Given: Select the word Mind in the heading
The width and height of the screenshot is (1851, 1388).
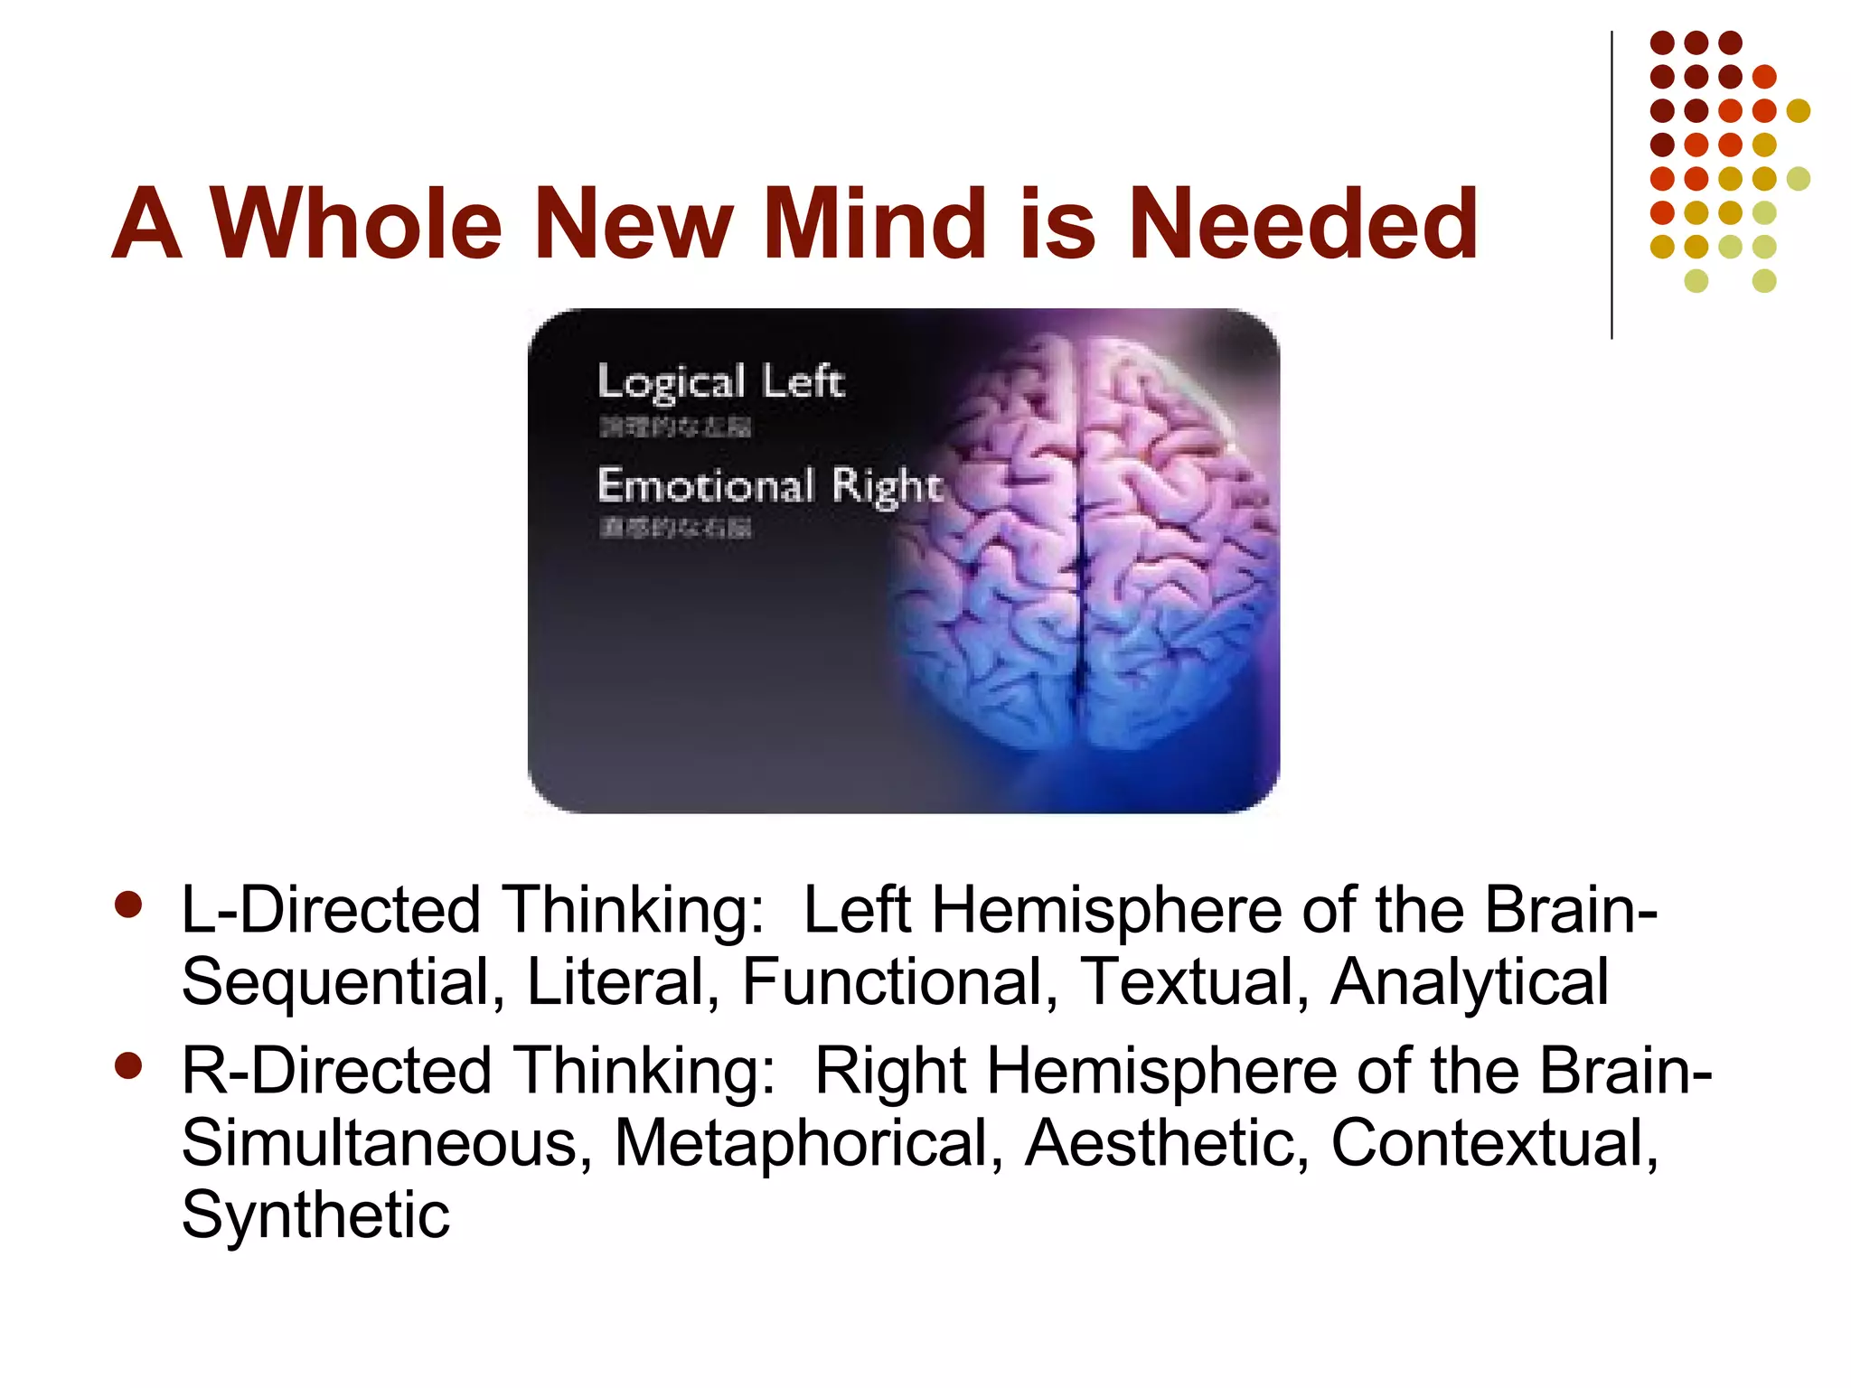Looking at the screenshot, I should pyautogui.click(x=873, y=223).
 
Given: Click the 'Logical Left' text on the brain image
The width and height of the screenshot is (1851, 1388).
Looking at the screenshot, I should pyautogui.click(x=720, y=381).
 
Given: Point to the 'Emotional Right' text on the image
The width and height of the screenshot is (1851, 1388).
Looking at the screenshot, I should pyautogui.click(x=770, y=486).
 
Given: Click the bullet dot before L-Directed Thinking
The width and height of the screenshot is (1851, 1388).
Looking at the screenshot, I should pyautogui.click(x=129, y=905).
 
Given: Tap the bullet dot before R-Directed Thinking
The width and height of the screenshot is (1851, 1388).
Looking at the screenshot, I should pyautogui.click(x=129, y=1065).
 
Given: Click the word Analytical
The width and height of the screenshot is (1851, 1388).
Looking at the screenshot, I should pyautogui.click(x=1470, y=982).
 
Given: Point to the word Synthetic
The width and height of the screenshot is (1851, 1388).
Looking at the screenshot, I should pyautogui.click(x=315, y=1214).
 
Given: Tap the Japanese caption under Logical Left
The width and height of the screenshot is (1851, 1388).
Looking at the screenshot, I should pyautogui.click(x=675, y=427).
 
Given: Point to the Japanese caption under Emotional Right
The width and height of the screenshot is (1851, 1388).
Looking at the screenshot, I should pyautogui.click(x=675, y=528).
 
